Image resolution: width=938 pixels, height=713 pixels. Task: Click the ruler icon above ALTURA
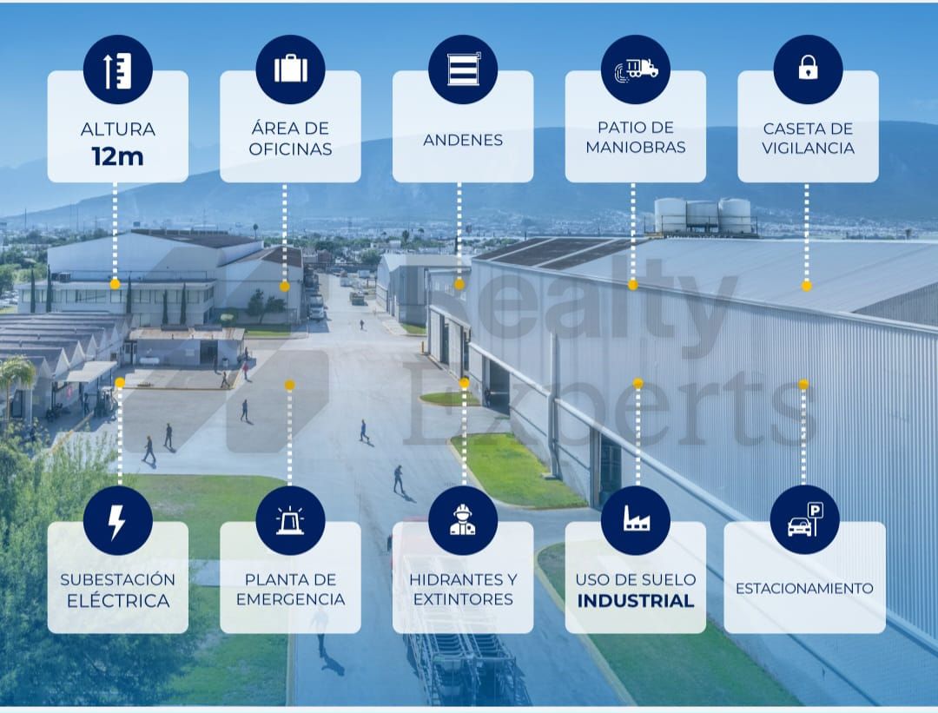[x=118, y=70]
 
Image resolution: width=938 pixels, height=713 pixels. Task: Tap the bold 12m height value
[x=118, y=156]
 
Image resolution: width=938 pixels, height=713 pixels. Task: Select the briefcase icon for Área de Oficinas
[x=291, y=69]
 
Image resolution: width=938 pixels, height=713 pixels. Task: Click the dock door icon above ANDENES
[x=464, y=69]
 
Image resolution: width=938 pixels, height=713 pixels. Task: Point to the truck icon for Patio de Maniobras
[x=636, y=69]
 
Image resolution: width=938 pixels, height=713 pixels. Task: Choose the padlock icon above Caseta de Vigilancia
[x=809, y=68]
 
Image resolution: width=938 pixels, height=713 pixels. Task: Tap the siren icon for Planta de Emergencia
[x=290, y=520]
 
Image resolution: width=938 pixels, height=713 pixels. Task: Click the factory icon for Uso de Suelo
[x=636, y=518]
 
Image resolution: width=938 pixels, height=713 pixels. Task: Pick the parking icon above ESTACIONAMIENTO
[x=805, y=519]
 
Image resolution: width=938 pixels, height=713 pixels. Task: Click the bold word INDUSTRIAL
[x=636, y=601]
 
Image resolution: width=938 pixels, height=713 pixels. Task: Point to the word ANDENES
[x=463, y=140]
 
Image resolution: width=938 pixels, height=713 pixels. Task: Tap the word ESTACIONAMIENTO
[x=804, y=589]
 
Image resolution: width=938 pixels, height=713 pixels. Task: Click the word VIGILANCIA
[x=809, y=148]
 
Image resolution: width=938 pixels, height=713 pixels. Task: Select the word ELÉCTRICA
[x=118, y=600]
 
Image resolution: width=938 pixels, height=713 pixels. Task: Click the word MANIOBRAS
[x=636, y=147]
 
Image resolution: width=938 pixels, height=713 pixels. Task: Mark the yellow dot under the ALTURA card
[x=116, y=284]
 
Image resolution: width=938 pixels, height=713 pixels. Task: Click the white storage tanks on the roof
[x=703, y=215]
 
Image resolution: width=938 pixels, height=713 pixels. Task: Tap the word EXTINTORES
[x=463, y=599]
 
